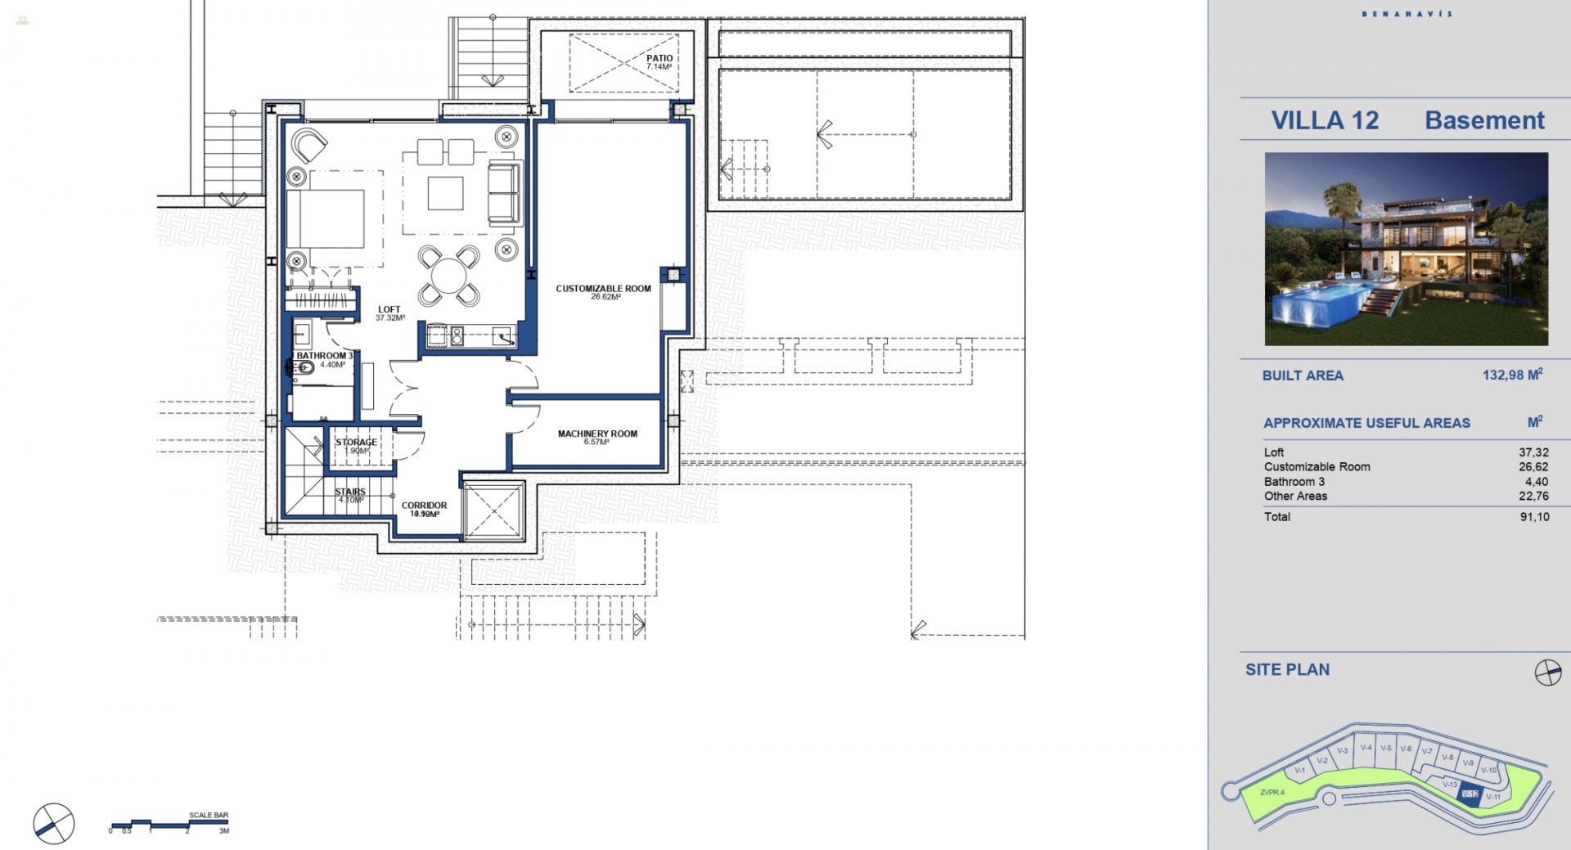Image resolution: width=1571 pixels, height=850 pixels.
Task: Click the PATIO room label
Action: (x=659, y=59)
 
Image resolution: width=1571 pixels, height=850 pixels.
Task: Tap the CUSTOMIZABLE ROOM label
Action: (x=603, y=289)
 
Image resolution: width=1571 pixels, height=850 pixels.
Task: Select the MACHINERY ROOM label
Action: (x=597, y=434)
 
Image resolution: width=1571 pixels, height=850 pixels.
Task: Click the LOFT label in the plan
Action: (x=389, y=310)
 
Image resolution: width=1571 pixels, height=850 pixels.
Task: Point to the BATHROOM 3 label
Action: (x=324, y=356)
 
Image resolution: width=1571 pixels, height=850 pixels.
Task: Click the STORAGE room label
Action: (x=356, y=443)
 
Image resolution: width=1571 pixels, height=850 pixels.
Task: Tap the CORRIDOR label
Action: (x=424, y=506)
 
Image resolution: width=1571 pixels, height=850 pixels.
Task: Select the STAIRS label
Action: (x=350, y=492)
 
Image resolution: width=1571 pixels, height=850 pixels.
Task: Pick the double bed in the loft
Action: (x=326, y=219)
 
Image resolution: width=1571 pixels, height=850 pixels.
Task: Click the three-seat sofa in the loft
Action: (x=503, y=194)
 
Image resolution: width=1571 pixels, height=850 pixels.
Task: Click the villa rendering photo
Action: (x=1406, y=249)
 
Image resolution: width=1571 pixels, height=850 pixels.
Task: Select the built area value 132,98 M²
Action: (x=1512, y=375)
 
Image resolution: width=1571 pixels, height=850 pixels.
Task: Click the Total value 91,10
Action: (x=1534, y=517)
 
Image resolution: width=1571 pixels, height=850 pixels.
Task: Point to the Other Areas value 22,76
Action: (x=1533, y=496)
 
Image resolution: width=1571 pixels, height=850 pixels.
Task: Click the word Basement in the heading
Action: (x=1484, y=120)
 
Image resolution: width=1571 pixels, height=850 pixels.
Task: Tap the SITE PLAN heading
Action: (x=1287, y=669)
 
